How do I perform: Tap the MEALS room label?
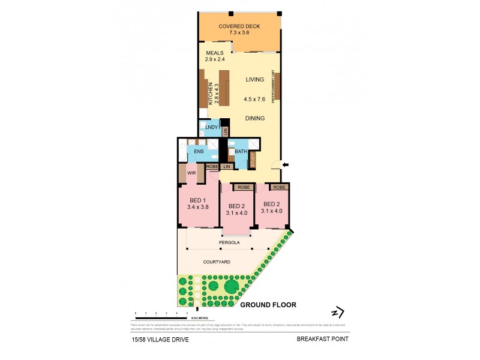(215, 53)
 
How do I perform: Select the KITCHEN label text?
(211, 94)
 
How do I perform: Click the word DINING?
(255, 118)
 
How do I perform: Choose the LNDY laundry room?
(211, 127)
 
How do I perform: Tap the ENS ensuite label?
(199, 152)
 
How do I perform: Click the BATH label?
(241, 152)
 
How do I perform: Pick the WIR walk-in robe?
(192, 173)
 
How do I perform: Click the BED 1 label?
(197, 200)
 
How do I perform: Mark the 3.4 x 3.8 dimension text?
(197, 207)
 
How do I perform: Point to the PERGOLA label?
(230, 242)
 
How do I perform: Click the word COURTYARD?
(217, 262)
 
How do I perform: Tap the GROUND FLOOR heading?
(268, 305)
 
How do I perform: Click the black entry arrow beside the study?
(286, 164)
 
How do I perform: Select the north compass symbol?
(338, 312)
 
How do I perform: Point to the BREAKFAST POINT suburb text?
(323, 338)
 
